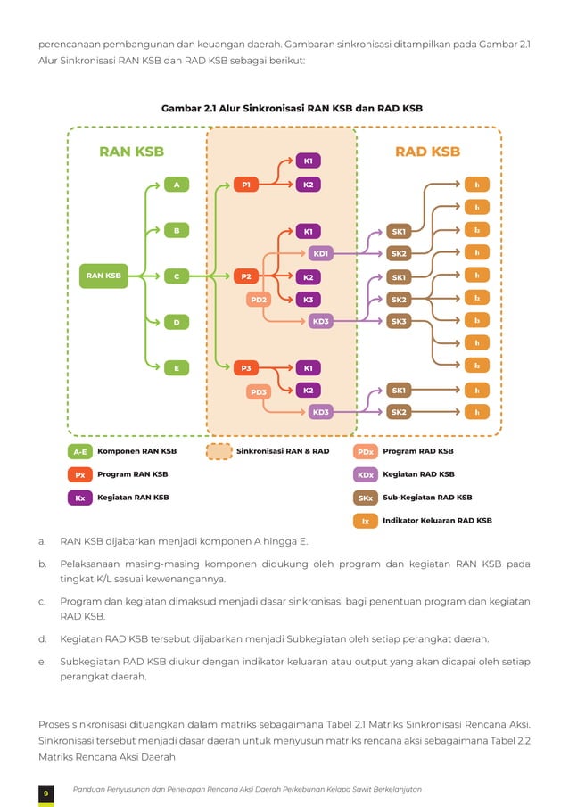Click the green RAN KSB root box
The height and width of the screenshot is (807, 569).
click(x=103, y=276)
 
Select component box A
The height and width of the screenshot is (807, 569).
click(x=177, y=185)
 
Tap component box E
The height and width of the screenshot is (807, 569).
click(x=177, y=367)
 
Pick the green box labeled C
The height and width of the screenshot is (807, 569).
click(x=177, y=276)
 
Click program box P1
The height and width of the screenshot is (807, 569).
click(x=246, y=185)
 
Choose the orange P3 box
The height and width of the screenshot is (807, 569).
click(x=246, y=367)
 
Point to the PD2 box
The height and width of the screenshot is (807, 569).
click(x=259, y=300)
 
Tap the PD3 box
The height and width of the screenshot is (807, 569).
click(x=259, y=391)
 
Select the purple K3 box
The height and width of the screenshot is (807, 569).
click(x=308, y=300)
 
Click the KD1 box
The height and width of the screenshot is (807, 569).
click(x=321, y=253)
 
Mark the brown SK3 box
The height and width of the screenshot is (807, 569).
click(x=399, y=321)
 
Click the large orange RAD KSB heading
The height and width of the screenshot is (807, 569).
click(x=427, y=152)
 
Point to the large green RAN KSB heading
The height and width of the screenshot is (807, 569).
click(x=131, y=152)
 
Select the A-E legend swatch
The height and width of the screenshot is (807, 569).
click(x=80, y=452)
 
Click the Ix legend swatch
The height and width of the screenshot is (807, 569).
click(x=365, y=521)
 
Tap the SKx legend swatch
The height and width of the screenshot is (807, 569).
click(x=365, y=498)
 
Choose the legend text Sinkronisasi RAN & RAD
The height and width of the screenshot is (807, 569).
click(x=283, y=451)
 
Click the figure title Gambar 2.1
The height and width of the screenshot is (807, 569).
click(x=292, y=108)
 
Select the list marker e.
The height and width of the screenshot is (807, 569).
click(x=42, y=662)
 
